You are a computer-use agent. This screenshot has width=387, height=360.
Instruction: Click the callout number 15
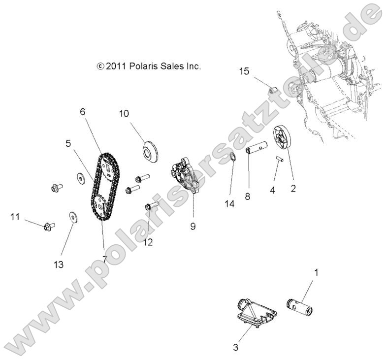244,72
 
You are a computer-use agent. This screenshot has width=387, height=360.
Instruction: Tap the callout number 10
124,114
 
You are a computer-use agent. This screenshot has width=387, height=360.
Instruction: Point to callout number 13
59,264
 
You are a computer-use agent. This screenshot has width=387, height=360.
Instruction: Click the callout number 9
193,226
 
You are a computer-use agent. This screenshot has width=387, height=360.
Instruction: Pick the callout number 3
236,348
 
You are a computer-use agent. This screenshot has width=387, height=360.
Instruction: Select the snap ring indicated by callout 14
233,158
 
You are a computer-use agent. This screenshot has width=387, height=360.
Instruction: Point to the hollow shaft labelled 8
257,148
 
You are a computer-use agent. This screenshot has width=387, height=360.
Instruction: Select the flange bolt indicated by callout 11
48,226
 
